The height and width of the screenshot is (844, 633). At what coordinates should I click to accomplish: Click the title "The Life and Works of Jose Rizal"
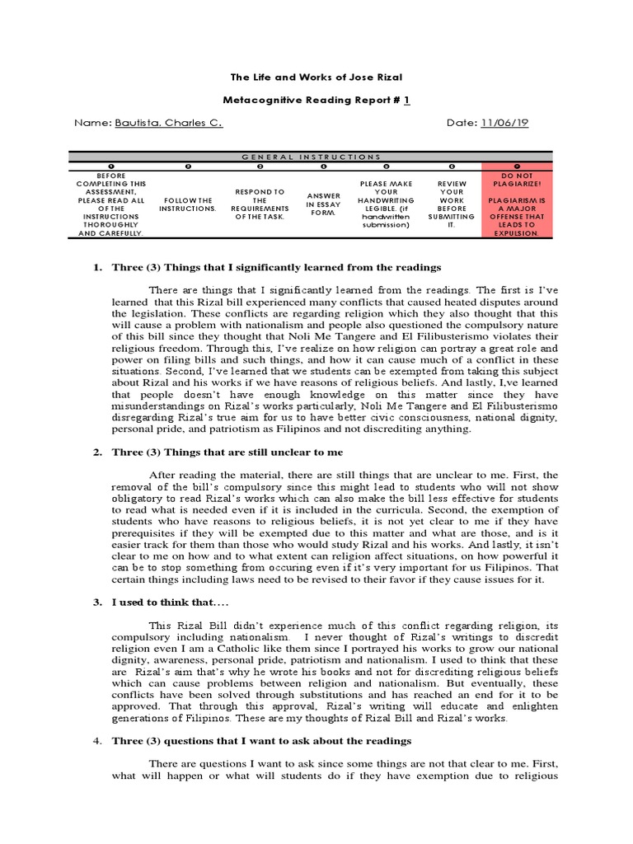coord(316,77)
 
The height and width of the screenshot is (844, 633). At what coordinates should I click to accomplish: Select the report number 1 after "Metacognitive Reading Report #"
coord(406,99)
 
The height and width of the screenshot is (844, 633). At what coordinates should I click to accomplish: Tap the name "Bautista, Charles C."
coord(168,122)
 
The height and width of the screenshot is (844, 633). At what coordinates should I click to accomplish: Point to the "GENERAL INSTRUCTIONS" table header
coord(316,156)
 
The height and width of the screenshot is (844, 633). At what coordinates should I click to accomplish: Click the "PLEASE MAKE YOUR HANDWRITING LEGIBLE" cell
coord(387,203)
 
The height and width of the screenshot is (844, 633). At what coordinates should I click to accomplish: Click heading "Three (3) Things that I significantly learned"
coord(277,267)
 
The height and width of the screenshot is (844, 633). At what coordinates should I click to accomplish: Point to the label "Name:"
coord(92,122)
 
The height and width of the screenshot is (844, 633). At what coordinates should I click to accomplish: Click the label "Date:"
coord(461,122)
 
